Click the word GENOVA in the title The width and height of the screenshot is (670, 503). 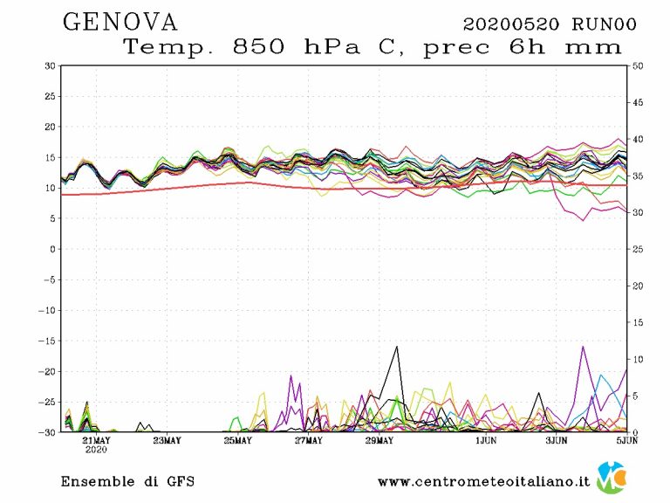(x=120, y=22)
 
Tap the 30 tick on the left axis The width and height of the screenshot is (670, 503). (x=50, y=65)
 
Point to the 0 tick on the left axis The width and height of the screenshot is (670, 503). (x=52, y=249)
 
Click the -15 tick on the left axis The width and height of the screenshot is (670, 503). (x=47, y=341)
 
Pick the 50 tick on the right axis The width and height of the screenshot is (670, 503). (x=638, y=65)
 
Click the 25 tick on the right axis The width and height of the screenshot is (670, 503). (x=638, y=249)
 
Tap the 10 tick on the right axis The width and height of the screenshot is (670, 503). (x=638, y=359)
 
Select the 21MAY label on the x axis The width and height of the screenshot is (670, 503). (x=96, y=441)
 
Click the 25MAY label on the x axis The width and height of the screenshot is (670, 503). (x=237, y=441)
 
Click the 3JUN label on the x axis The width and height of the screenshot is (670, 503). (x=559, y=441)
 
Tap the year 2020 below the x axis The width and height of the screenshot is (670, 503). (x=96, y=451)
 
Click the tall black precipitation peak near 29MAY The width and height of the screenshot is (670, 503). (x=397, y=348)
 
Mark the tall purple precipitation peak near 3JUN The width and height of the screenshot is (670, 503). (x=582, y=348)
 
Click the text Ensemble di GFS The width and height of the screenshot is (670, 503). (x=127, y=481)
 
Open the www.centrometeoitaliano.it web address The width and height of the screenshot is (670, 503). (x=483, y=481)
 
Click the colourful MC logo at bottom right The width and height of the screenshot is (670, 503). (x=610, y=478)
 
